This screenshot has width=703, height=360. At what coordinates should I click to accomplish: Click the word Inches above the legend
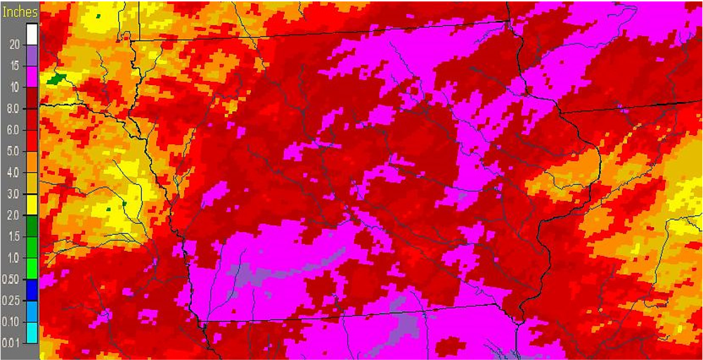tap(20, 13)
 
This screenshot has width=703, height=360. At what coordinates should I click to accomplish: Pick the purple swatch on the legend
tap(32, 55)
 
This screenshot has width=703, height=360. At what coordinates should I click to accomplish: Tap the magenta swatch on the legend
tap(32, 76)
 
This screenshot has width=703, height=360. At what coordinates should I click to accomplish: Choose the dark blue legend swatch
tap(32, 289)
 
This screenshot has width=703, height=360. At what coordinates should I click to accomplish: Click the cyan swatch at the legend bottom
tap(32, 332)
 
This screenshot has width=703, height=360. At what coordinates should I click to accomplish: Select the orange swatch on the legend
tap(32, 162)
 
